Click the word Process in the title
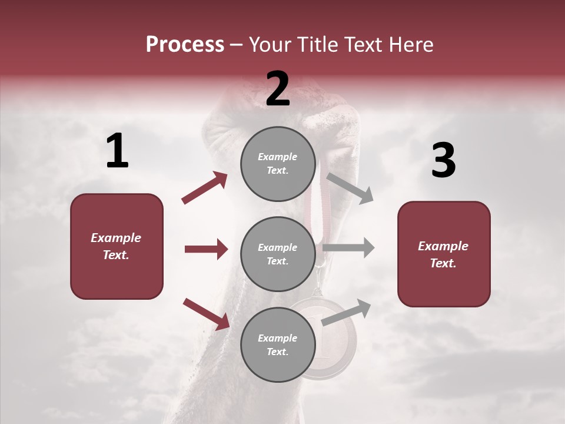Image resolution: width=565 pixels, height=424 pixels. (185, 45)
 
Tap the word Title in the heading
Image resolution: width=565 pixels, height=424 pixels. (318, 45)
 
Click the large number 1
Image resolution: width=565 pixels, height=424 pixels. (117, 151)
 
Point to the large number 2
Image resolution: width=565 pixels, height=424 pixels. (278, 89)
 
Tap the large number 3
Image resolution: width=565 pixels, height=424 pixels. (443, 161)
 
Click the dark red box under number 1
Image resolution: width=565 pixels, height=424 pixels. (117, 246)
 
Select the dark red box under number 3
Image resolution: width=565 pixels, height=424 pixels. (444, 254)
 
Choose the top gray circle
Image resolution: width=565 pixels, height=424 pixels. (278, 164)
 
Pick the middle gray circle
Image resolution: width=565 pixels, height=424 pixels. (278, 254)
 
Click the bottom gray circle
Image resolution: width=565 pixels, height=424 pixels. (278, 345)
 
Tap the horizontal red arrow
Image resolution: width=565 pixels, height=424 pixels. (206, 249)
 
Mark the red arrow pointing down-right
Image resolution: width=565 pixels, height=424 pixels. (206, 313)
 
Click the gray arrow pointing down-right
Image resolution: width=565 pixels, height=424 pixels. (350, 188)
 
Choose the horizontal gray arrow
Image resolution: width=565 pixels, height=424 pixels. (348, 248)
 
